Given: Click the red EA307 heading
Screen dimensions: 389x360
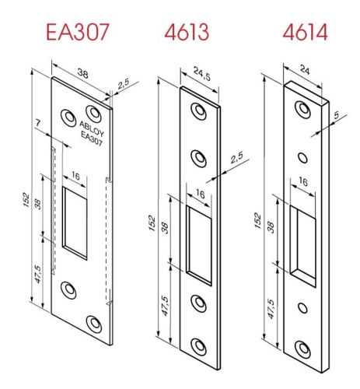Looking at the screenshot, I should [78, 33].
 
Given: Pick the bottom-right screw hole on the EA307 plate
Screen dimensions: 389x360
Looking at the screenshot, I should [95, 321].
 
